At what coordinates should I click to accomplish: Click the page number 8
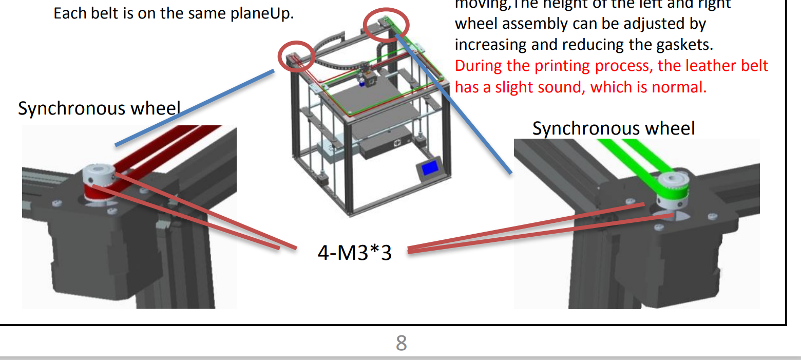(401, 343)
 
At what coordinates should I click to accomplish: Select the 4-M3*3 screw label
(354, 253)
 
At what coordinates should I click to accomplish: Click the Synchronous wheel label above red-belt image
(99, 108)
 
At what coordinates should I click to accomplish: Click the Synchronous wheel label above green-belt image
(614, 128)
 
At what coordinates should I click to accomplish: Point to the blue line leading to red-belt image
(195, 107)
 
